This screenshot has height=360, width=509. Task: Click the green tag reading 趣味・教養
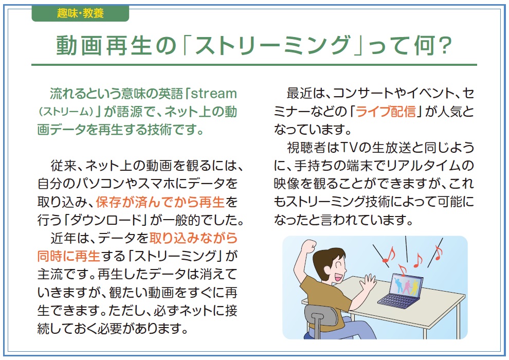[x=80, y=14]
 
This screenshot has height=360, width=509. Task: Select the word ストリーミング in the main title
[x=272, y=45]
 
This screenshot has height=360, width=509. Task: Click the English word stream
[x=213, y=94]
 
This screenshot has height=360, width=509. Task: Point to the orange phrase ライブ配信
[x=386, y=112]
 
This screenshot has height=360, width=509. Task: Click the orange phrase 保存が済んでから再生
[x=160, y=202]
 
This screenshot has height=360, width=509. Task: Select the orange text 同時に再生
[x=68, y=256]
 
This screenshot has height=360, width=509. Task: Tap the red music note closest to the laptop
[x=402, y=269]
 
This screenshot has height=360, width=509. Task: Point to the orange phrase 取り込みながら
[x=193, y=238]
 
